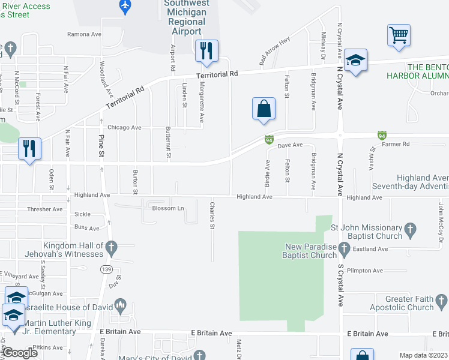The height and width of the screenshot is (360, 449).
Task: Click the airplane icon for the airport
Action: click(125, 6)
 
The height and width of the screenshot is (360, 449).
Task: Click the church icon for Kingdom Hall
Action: click(112, 246)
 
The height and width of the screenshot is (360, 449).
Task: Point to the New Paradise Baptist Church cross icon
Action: click(344, 247)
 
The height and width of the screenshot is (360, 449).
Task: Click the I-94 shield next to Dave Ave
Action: click(270, 140)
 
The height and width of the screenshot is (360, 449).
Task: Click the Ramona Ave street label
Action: click(84, 35)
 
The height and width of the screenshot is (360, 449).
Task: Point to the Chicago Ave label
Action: click(124, 127)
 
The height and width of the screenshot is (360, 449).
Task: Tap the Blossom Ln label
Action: click(167, 208)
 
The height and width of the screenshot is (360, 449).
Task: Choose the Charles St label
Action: click(212, 215)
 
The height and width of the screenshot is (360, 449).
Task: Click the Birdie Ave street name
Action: click(268, 172)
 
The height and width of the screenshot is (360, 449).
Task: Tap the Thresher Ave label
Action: click(44, 209)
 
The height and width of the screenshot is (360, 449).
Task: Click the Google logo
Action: click(20, 353)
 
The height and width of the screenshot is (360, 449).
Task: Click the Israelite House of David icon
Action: click(120, 307)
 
